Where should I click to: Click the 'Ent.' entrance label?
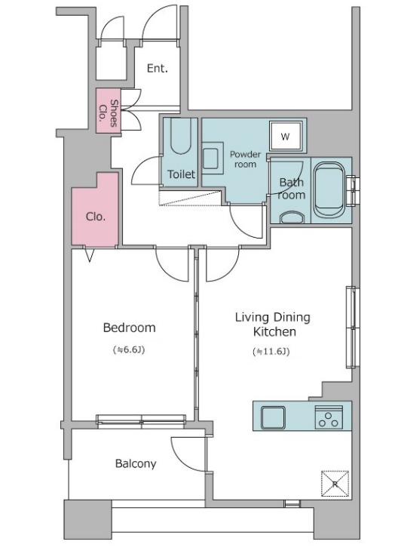point(157,68)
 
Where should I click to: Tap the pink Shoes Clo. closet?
point(108,111)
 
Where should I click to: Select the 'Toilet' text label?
point(181,174)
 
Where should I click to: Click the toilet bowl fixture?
point(180,136)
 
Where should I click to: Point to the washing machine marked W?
point(286,137)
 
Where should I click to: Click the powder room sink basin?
point(212,158)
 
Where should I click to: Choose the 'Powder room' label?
point(245,159)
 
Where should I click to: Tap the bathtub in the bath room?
point(329,189)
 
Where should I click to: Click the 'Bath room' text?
point(292,189)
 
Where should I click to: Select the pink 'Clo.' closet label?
point(96,216)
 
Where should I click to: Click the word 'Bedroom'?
point(129,328)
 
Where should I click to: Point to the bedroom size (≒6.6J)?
point(129,349)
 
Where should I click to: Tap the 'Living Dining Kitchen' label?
point(273,325)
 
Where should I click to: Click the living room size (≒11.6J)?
point(271,352)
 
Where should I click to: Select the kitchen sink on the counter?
point(273,417)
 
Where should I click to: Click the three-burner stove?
point(329,417)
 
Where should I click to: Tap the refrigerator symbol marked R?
point(335,484)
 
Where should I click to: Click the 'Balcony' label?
point(136,463)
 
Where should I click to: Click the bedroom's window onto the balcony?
point(141,421)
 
